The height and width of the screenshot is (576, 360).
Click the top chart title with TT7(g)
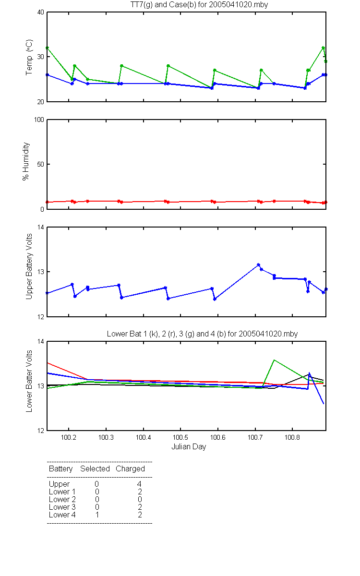[x=199, y=5]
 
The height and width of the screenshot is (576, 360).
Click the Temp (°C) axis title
[x=29, y=57]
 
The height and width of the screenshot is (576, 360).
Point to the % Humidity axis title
[x=26, y=161]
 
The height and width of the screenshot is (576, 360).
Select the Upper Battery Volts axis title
[x=29, y=266]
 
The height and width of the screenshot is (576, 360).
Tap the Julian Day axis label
[x=189, y=447]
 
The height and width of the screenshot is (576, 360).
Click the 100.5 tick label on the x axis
[x=180, y=437]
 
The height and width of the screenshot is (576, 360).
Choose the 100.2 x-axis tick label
[x=68, y=437]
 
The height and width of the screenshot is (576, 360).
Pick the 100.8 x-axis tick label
[x=292, y=437]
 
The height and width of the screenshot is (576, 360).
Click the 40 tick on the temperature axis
[x=41, y=12]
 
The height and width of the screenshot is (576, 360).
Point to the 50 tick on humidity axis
[x=41, y=164]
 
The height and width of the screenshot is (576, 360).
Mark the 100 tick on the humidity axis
[x=39, y=120]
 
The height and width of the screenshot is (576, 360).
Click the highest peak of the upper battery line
[x=258, y=265]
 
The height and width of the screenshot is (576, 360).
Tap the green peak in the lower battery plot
[x=275, y=360]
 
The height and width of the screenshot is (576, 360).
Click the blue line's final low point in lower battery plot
[x=324, y=404]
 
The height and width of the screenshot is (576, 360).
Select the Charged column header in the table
[x=130, y=469]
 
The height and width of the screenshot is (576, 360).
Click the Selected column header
[x=95, y=469]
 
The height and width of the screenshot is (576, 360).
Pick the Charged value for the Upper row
[x=139, y=484]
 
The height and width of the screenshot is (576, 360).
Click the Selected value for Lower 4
[x=97, y=515]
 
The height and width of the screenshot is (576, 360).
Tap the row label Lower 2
[x=62, y=499]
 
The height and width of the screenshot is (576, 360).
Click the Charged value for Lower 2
[x=140, y=499]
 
